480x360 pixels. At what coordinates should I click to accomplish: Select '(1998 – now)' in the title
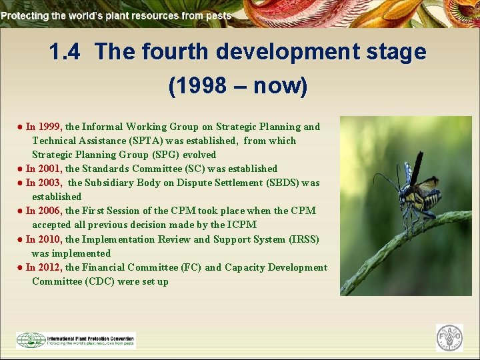238,85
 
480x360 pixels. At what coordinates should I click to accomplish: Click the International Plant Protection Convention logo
75,340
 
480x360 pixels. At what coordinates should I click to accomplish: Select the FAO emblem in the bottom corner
449,338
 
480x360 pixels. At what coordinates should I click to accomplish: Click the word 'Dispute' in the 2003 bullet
196,183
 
